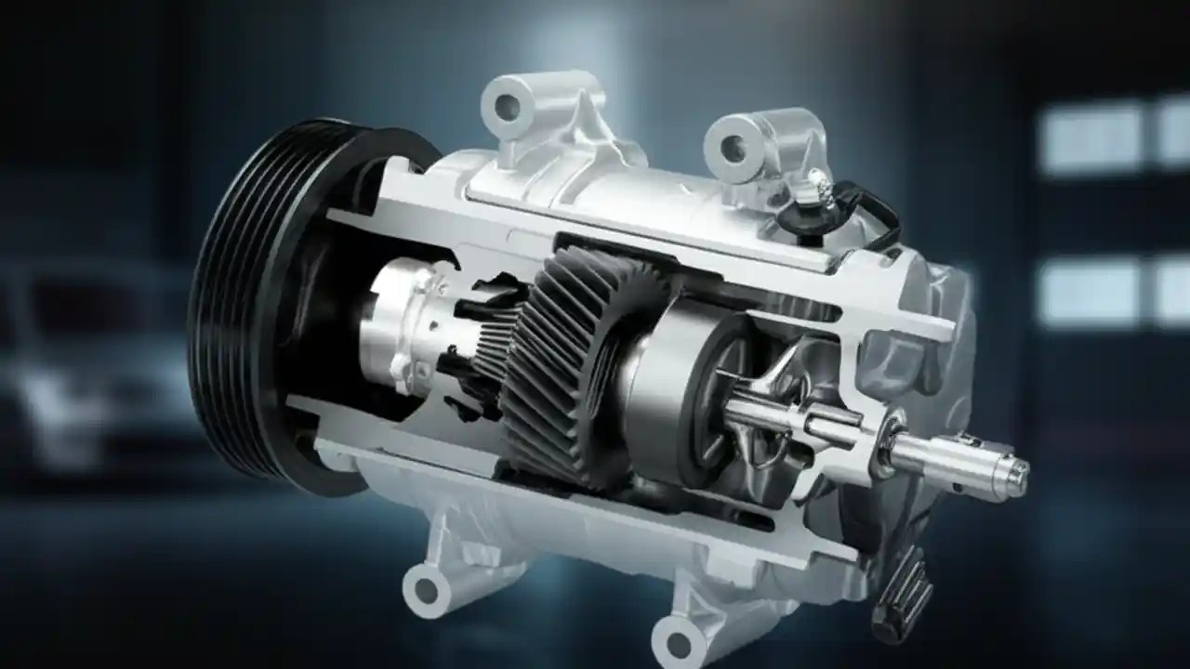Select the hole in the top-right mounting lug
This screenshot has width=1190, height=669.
click(x=733, y=147)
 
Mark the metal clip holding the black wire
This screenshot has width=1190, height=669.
click(x=818, y=186)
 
